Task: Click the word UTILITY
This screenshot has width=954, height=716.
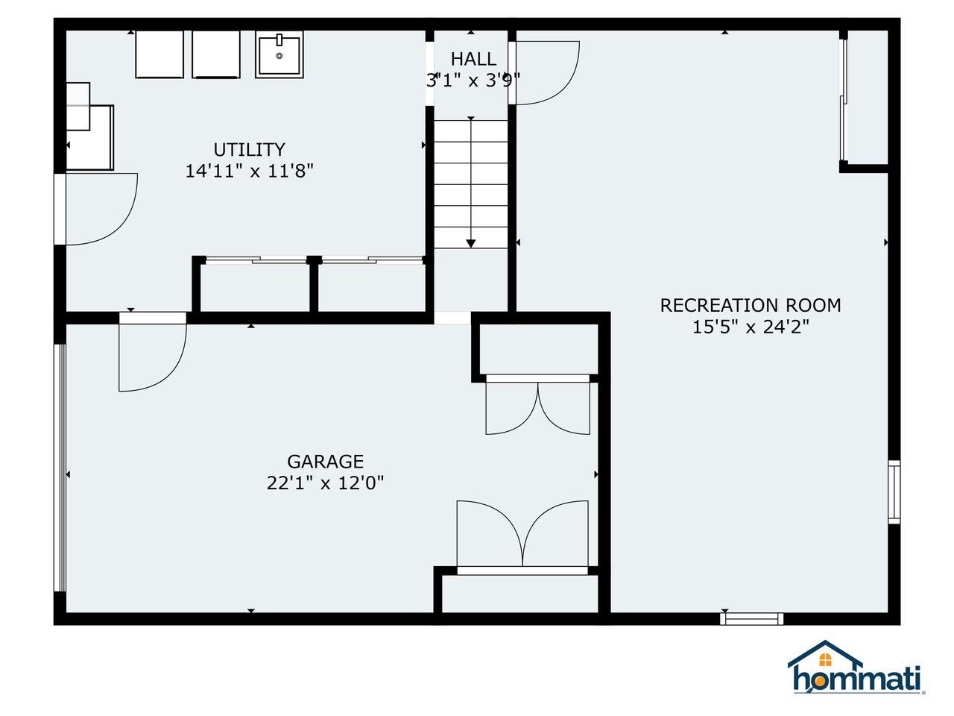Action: tap(249, 150)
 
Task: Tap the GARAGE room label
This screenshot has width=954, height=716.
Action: tap(325, 461)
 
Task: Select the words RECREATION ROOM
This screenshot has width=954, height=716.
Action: tap(751, 305)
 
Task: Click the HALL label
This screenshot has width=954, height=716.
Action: tap(473, 59)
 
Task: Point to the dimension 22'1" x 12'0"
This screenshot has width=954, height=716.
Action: tap(325, 483)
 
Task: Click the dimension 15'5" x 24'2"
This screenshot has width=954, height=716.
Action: tap(751, 327)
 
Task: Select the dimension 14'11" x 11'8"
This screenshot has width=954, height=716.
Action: tap(249, 171)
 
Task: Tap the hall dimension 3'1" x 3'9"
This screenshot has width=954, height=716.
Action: tap(473, 81)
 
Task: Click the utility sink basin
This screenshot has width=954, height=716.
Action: tap(279, 54)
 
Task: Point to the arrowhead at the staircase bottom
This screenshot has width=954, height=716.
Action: tap(471, 243)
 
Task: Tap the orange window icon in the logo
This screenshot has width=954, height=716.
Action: tap(824, 660)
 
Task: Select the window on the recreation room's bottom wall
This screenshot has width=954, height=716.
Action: tap(751, 618)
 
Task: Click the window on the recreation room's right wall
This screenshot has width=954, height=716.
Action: tap(894, 492)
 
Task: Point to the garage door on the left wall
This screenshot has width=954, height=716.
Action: tap(60, 468)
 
